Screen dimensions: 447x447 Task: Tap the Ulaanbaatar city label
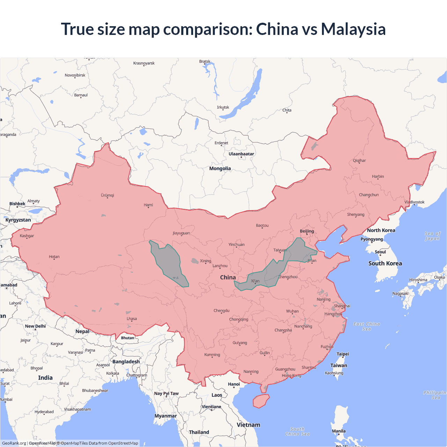point(241,154)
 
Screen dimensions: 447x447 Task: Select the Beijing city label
point(307,231)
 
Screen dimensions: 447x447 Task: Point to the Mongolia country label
point(220,168)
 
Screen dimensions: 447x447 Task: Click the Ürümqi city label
point(108,195)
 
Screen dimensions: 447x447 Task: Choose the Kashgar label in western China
point(27,236)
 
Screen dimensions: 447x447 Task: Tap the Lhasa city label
point(132,318)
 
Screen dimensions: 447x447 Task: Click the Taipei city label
point(343,354)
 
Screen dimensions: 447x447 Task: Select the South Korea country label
point(385,263)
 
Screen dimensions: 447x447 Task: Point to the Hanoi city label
point(234,384)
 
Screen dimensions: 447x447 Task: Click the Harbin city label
point(378,176)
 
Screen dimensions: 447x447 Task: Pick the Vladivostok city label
point(415,202)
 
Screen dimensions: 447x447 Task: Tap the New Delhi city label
point(35,326)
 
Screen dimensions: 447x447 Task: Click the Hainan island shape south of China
point(261,401)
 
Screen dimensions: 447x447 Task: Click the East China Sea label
point(367,326)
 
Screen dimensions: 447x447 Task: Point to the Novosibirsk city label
point(75,75)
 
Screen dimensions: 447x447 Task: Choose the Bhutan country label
point(127,338)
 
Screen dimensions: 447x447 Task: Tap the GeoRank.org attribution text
point(14,443)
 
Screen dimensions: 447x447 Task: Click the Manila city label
point(339,431)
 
